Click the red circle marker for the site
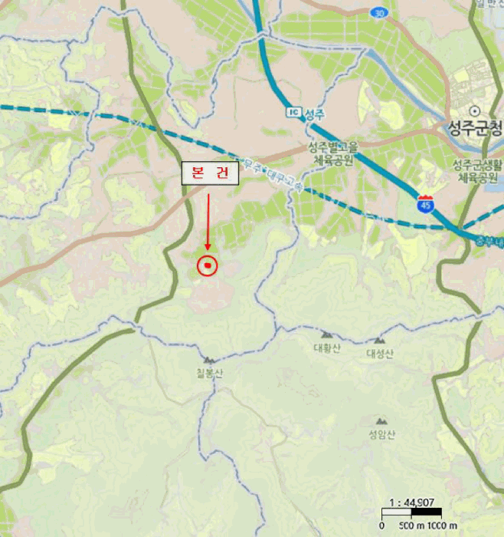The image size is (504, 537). coord(208,266)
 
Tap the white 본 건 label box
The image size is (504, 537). coord(210,174)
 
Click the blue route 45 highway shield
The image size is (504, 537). coord(424,204)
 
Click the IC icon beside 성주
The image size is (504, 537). coord(293,113)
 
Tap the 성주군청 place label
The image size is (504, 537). coord(475,127)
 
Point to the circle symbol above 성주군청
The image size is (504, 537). coord(475,110)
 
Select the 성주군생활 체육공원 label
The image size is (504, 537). coord(474,171)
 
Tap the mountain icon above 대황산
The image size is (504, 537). coord(326,335)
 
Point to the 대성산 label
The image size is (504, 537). coord(379,353)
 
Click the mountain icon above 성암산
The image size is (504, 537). coord(381,421)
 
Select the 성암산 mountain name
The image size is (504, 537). coord(381,435)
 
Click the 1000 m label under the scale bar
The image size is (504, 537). coord(443,525)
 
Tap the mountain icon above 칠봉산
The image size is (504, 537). coord(208,359)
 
